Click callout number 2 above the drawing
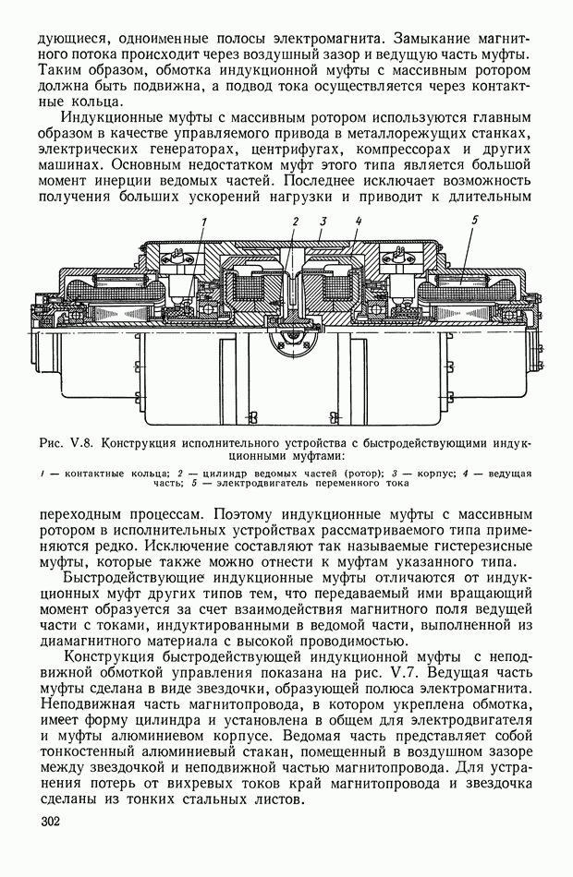coord(295,222)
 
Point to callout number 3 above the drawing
coord(323,222)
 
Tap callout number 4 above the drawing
coord(358,222)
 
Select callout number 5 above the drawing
coord(473,222)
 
